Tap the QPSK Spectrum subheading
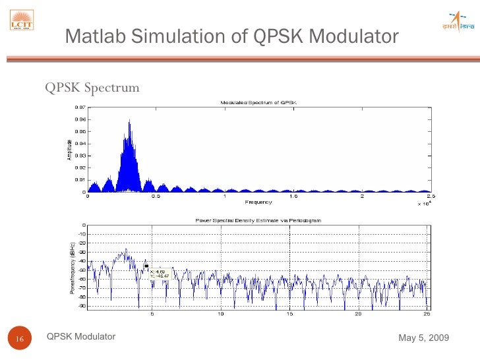[92, 87]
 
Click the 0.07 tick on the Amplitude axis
[79, 107]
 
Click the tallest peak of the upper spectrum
[130, 121]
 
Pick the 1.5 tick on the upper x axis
[293, 196]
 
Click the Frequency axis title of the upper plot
[258, 202]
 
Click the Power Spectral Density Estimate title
[258, 220]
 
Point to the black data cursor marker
[146, 266]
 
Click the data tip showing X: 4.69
[159, 274]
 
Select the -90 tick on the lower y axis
[81, 305]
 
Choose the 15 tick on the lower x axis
[289, 314]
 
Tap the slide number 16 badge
[19, 339]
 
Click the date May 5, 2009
[423, 338]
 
